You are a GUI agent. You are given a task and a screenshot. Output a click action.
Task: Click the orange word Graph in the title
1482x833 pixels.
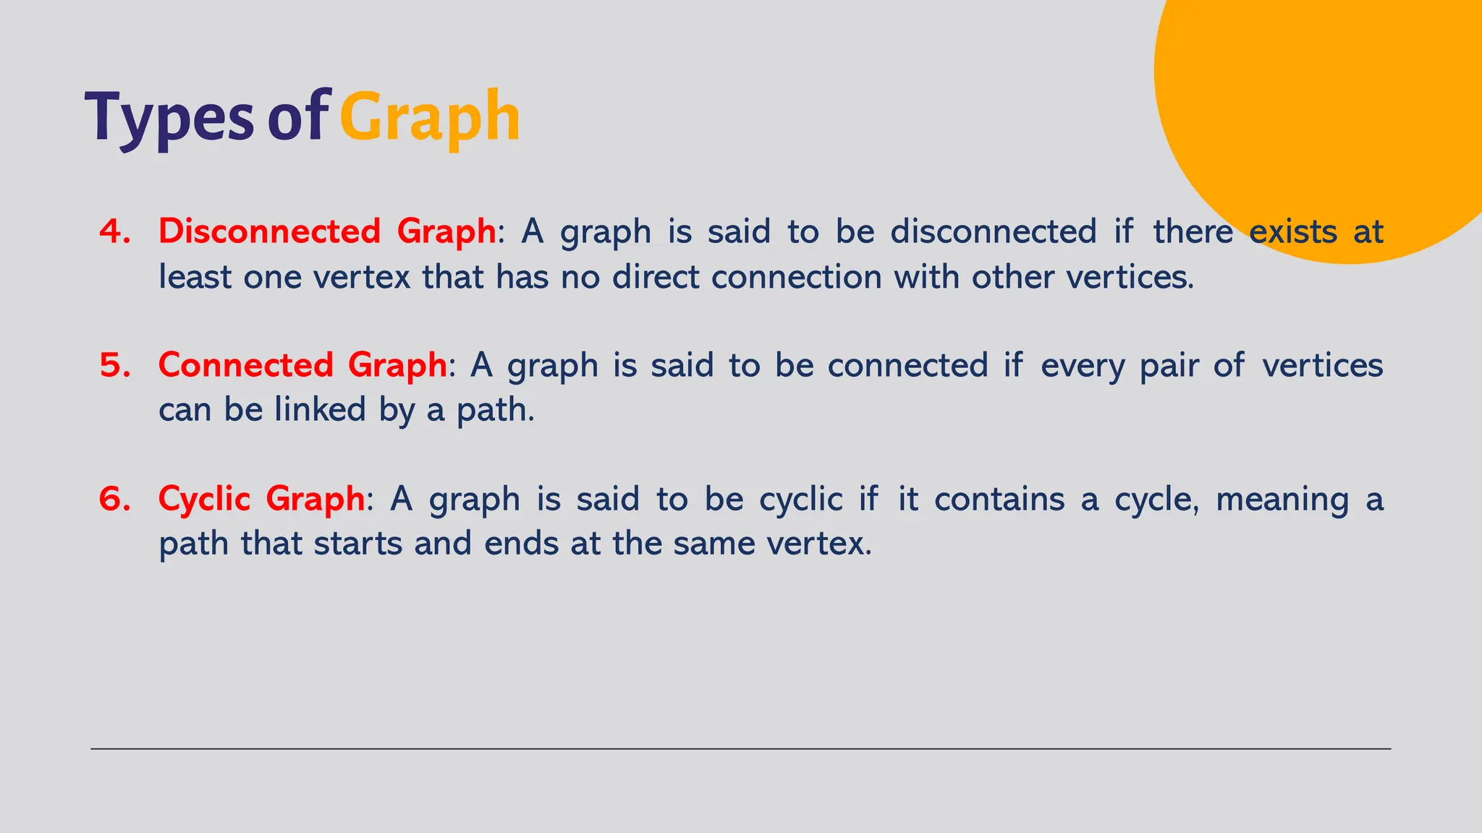[x=430, y=119]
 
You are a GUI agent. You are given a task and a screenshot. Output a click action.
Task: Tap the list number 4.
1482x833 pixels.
[x=115, y=231]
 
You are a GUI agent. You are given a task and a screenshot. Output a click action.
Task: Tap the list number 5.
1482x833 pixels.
[x=115, y=365]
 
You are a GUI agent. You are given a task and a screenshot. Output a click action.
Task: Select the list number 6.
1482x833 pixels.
[x=115, y=499]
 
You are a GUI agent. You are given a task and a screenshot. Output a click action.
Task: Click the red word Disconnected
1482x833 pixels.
[x=269, y=231]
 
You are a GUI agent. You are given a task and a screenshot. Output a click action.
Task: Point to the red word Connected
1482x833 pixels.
[x=245, y=365]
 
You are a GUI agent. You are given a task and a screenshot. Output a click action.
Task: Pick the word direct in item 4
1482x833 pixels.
[x=656, y=277]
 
